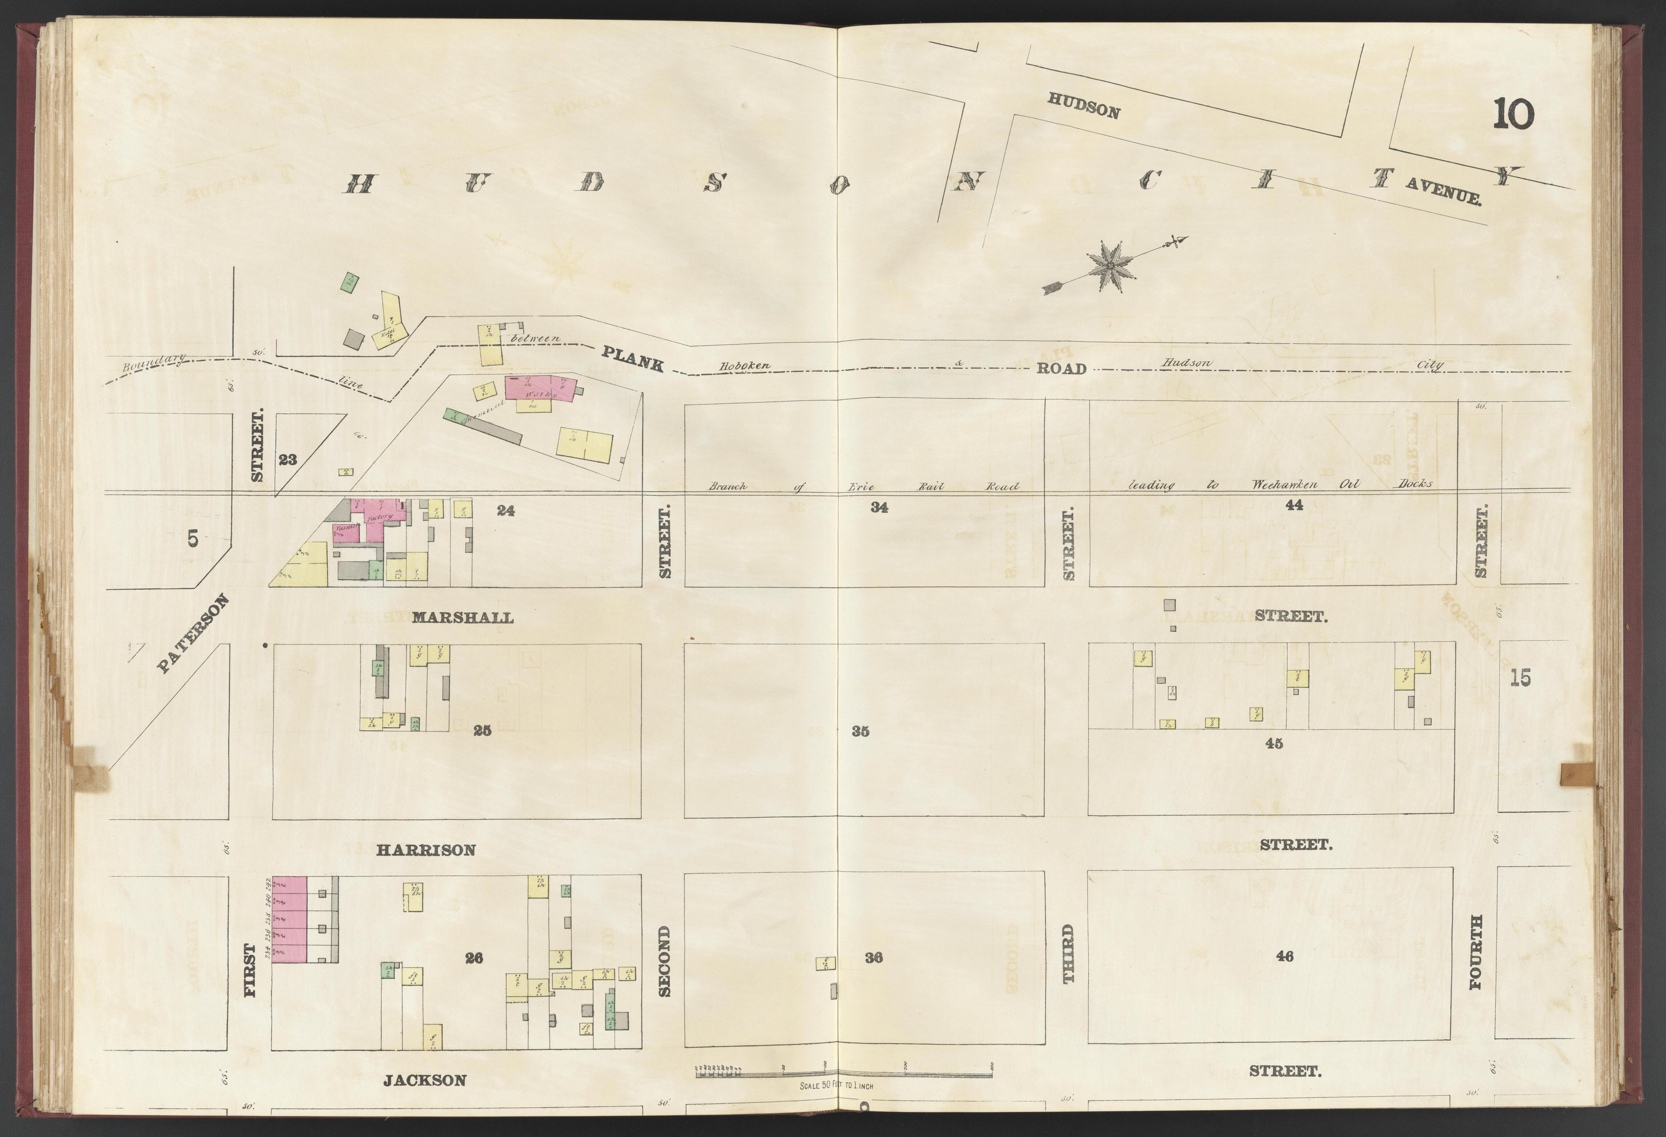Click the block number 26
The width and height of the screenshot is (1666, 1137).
474,958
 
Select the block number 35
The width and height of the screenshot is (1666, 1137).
861,732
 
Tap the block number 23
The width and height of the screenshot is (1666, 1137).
288,460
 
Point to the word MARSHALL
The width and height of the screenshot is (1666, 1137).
462,618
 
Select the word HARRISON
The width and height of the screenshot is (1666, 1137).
426,849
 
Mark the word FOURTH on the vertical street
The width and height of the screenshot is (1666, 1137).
1475,962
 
